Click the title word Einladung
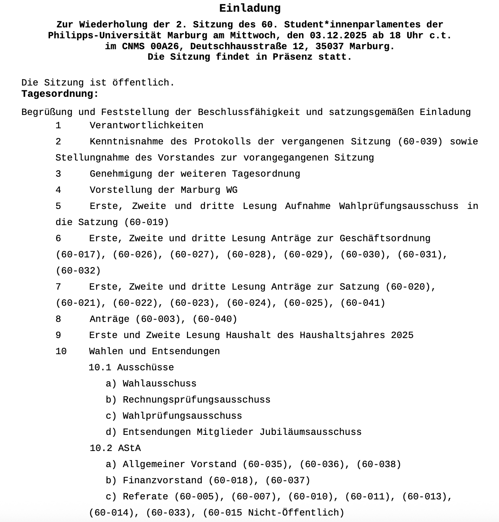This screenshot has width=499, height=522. coord(250,8)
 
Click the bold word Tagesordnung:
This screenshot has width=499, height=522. coord(60,94)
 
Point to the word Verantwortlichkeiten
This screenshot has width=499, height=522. coord(146,125)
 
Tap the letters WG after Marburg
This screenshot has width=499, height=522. coord(232,190)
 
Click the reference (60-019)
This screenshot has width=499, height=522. coord(146,222)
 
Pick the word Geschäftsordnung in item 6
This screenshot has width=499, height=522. coord(385,238)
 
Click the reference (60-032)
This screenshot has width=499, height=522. coord(78,271)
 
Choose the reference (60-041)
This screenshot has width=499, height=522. coord(363,303)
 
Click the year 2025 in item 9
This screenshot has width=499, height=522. coord(402,335)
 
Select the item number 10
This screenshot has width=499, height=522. coord(61,351)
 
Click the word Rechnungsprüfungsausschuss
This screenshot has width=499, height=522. coord(196,400)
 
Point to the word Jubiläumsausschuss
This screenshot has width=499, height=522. coord(311,432)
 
